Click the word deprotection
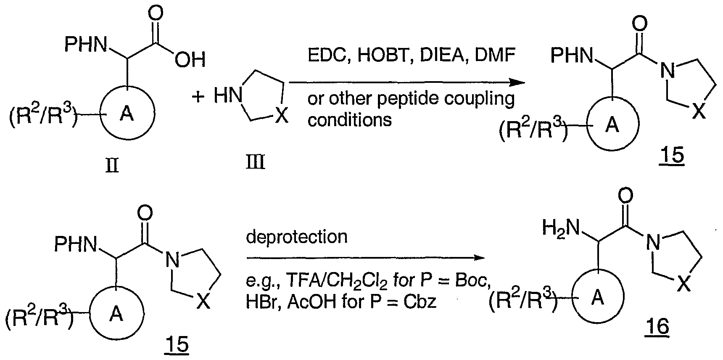[x=297, y=237]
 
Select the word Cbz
[x=420, y=302]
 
